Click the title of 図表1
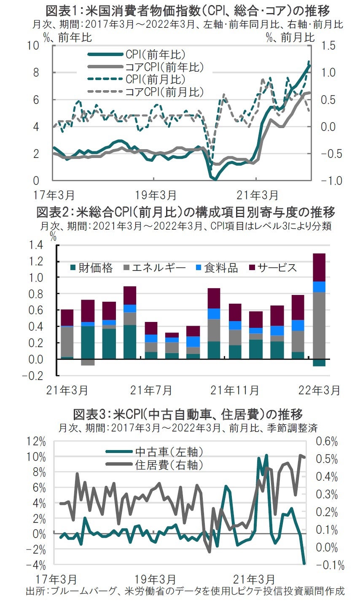coord(188,10)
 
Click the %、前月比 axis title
coord(290,38)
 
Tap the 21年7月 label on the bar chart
coord(151,390)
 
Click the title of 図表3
coord(188,414)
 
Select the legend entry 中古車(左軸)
coord(169,452)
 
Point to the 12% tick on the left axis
coord(37,441)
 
